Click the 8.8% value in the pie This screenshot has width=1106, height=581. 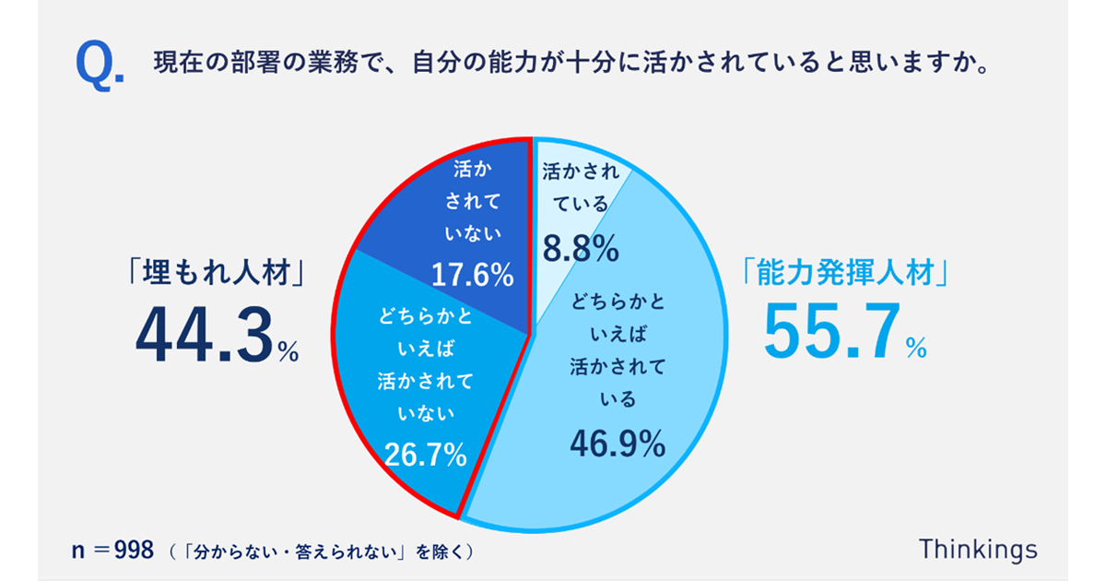[579, 248]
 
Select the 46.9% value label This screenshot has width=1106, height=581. [617, 444]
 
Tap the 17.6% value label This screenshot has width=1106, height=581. [471, 273]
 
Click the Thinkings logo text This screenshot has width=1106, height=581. [978, 550]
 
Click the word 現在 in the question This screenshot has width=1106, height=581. [168, 66]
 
